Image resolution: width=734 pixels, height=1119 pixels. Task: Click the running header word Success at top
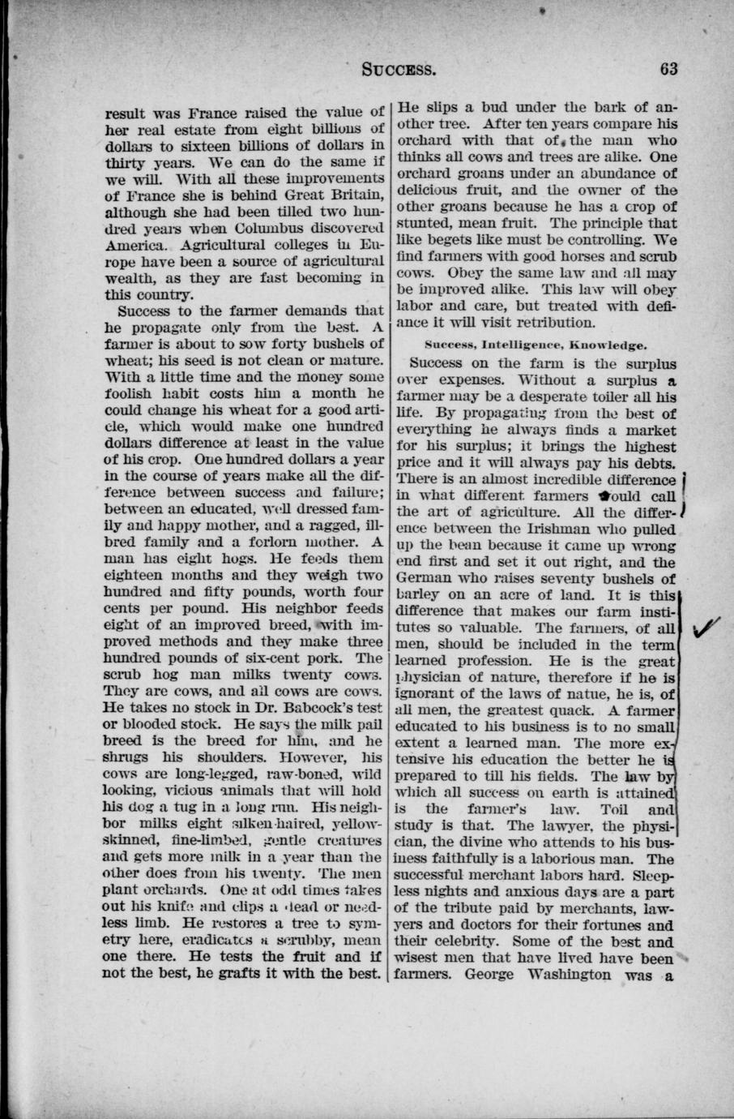pos(399,69)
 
